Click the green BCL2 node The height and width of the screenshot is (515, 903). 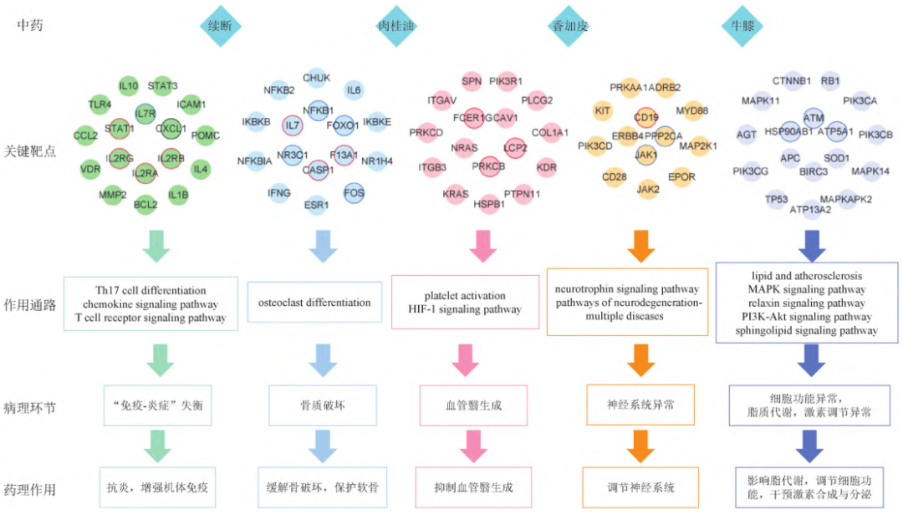coord(145,203)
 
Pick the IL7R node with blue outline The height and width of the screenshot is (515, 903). coord(145,113)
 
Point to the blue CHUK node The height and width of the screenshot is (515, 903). coord(316,79)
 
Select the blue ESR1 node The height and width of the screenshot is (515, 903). coord(316,203)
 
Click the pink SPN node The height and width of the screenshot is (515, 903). coord(472,81)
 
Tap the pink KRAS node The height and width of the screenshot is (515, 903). coord(455,194)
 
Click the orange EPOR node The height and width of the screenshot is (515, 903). coord(681,177)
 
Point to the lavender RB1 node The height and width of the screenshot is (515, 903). coord(830,81)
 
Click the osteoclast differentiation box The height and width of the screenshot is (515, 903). coord(314,303)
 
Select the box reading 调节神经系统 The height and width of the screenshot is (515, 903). coord(640,487)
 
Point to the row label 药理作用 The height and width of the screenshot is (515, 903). coord(36,487)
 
